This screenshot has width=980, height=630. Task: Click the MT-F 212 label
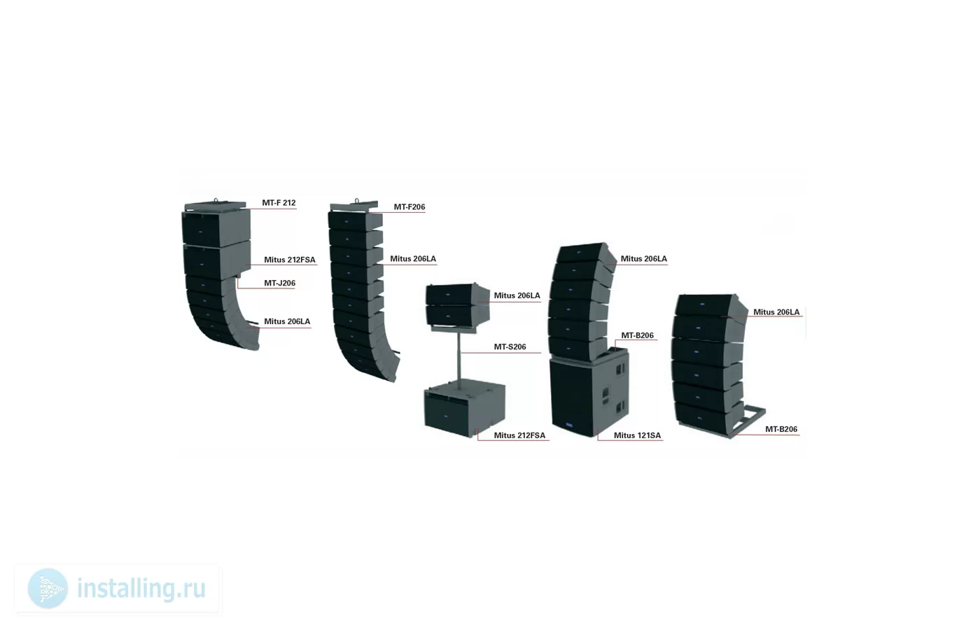click(x=279, y=203)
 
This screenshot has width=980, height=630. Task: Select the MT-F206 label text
click(x=409, y=207)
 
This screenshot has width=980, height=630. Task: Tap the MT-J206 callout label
click(x=279, y=283)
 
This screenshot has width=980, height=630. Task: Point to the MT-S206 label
click(x=510, y=347)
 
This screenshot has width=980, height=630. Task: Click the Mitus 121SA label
click(x=637, y=435)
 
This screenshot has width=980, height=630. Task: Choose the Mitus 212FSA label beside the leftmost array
click(x=290, y=260)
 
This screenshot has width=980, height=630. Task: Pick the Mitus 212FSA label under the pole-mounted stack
click(x=519, y=435)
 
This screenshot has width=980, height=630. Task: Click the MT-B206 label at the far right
click(x=781, y=429)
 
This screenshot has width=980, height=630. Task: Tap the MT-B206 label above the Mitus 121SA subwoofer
click(x=638, y=335)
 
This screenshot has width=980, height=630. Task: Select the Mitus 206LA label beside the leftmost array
click(x=287, y=321)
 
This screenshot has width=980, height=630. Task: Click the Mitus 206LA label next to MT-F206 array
click(x=413, y=259)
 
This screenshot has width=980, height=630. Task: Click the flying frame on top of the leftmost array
click(x=216, y=204)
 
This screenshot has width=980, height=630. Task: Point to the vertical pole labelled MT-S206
click(x=459, y=356)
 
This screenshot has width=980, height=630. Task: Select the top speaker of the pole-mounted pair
click(x=457, y=295)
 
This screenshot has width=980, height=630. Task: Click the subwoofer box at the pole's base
click(x=465, y=408)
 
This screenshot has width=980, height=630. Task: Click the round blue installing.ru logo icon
click(x=48, y=589)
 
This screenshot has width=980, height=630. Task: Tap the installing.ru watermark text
click(x=141, y=589)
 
